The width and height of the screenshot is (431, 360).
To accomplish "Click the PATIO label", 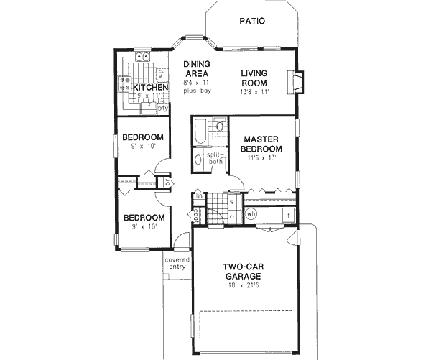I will [251, 22].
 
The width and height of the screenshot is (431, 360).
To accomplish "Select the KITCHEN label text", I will [150, 88].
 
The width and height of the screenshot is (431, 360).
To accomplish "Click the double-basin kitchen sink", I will [142, 58].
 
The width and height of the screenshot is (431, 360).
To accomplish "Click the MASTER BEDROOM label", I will [261, 144].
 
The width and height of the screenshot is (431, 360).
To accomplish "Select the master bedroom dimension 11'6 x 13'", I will [261, 158].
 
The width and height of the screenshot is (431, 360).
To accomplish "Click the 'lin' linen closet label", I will [198, 196].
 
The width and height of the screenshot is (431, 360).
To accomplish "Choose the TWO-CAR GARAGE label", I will [241, 270].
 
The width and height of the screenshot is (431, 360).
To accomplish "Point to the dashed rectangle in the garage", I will [245, 334].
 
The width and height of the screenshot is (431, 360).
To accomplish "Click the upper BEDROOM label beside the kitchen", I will [142, 137].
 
